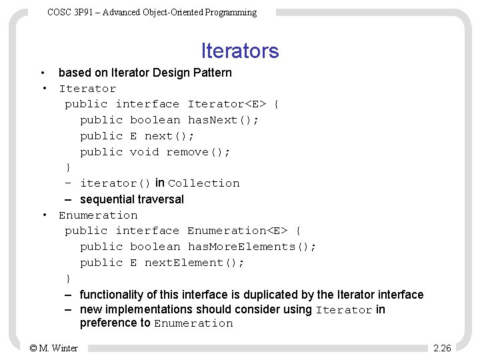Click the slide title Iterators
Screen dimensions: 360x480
(x=240, y=51)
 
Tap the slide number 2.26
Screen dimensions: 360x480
(x=442, y=347)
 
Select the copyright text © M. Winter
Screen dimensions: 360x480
(x=54, y=347)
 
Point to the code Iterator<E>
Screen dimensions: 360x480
(x=227, y=104)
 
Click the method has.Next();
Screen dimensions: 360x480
(x=223, y=120)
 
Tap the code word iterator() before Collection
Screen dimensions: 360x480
(x=115, y=183)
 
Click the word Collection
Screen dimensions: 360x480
(x=203, y=183)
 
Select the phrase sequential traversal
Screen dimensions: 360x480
(x=131, y=199)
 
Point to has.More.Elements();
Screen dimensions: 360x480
(x=252, y=247)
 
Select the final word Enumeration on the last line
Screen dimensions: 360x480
(x=193, y=324)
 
